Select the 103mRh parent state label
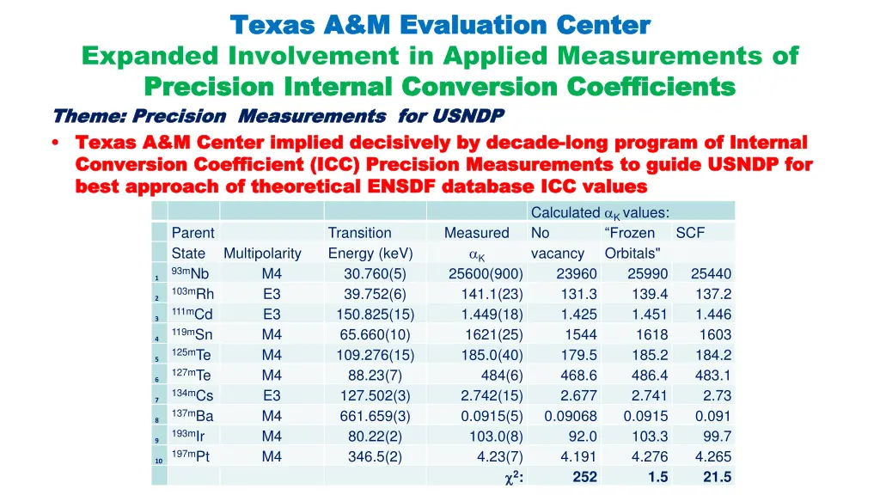192,294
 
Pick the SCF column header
690,233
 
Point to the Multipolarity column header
262,254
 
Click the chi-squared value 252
584,478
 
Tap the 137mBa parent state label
192,416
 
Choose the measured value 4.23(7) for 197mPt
499,457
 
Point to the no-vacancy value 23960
577,274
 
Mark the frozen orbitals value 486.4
650,376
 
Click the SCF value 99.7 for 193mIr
717,437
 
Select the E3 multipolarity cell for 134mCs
272,396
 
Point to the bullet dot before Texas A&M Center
56,143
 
